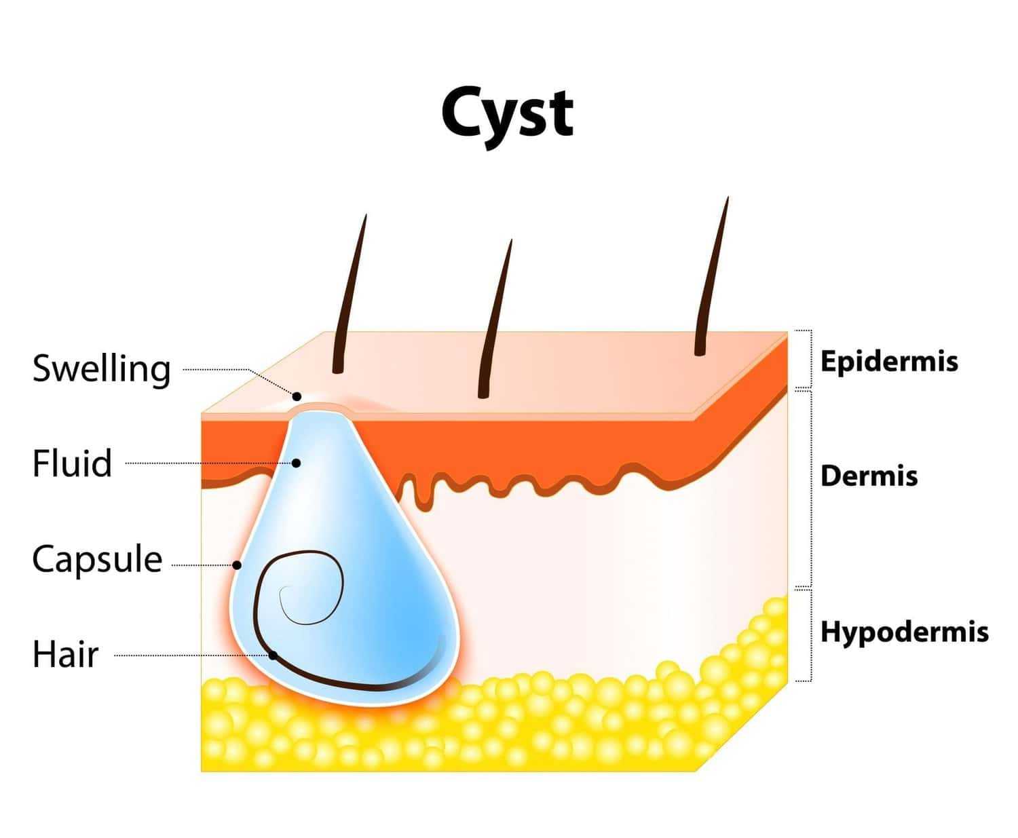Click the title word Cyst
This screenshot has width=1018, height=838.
(x=507, y=113)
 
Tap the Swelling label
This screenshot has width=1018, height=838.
(x=101, y=369)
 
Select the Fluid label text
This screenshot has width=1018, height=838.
(x=72, y=463)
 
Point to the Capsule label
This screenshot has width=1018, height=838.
(x=97, y=560)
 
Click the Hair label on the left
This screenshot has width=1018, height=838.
(x=65, y=655)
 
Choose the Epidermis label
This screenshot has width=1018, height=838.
(x=889, y=361)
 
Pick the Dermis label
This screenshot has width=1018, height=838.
(x=869, y=476)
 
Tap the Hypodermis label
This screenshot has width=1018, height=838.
(x=904, y=632)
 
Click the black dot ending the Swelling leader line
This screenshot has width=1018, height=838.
(x=297, y=396)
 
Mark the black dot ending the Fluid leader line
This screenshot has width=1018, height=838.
(x=297, y=463)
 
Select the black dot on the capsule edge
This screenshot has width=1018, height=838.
(x=237, y=565)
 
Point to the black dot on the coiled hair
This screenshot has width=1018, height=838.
(x=273, y=655)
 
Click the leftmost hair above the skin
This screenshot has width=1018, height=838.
(x=350, y=295)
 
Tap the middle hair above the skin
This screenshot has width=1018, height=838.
(x=495, y=319)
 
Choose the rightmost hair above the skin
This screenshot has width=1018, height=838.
(x=712, y=278)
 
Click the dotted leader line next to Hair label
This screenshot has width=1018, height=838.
(x=190, y=655)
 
